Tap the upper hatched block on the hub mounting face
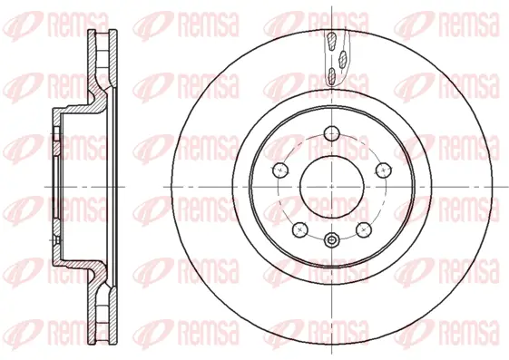click(x=56, y=136)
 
